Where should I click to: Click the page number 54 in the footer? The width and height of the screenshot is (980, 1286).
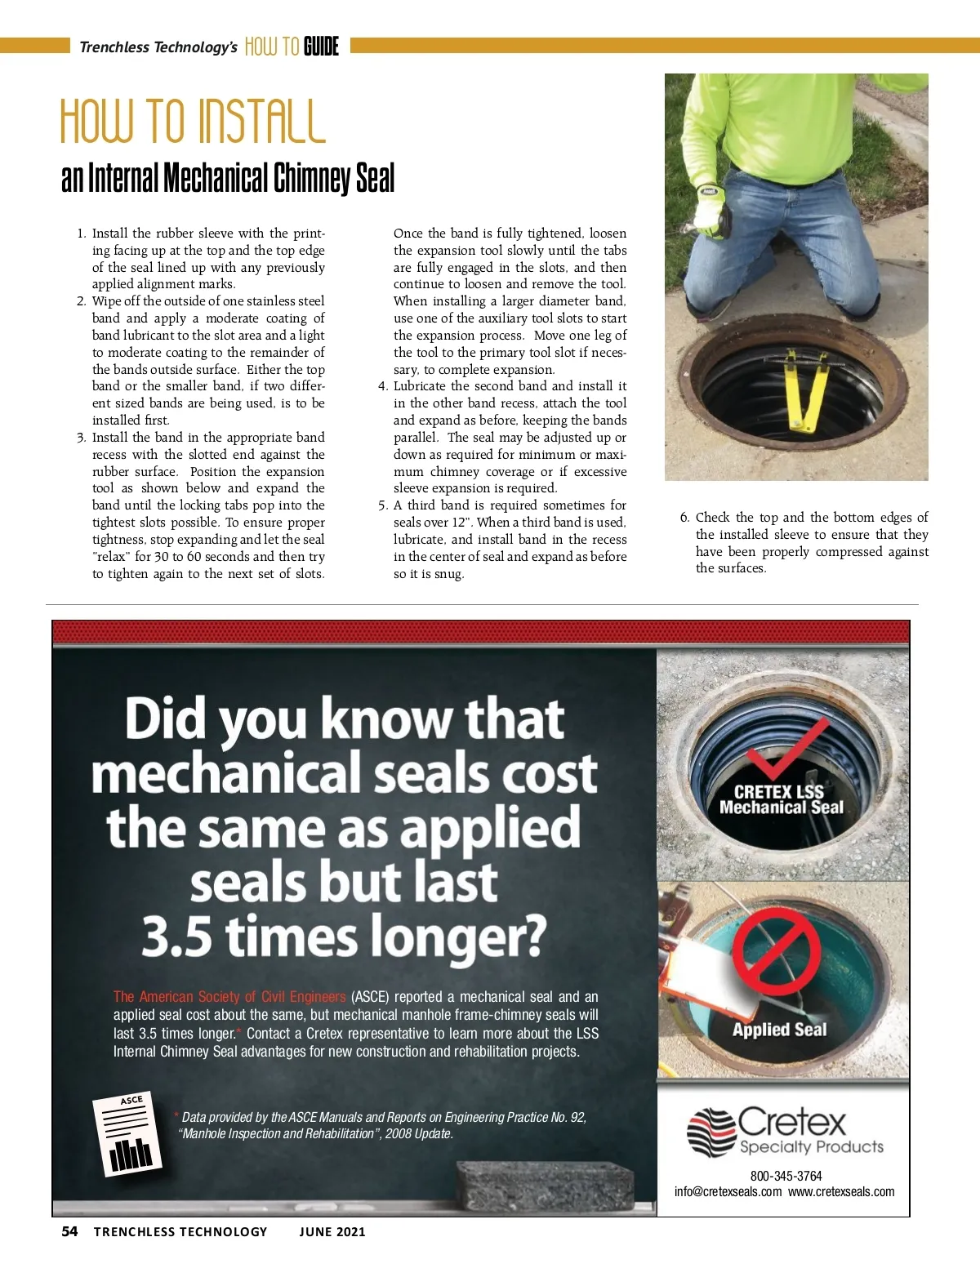pos(69,1231)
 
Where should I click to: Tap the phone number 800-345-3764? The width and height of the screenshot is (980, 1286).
pos(786,1176)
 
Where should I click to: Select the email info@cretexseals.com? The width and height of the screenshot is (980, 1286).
pos(728,1191)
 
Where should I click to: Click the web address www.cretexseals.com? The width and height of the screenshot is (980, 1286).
pos(840,1191)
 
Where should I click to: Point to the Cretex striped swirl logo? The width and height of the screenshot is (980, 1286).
pos(710,1132)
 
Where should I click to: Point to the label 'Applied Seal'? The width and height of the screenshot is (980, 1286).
pos(779,1030)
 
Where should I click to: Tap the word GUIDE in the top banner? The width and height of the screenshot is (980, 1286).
pos(321,47)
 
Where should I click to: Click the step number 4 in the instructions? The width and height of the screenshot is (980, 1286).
pos(382,386)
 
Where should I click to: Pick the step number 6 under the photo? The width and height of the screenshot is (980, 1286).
pos(684,518)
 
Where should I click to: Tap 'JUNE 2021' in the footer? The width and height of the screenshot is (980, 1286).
pos(332,1231)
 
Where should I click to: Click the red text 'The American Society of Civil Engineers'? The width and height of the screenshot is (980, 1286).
pos(229,996)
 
